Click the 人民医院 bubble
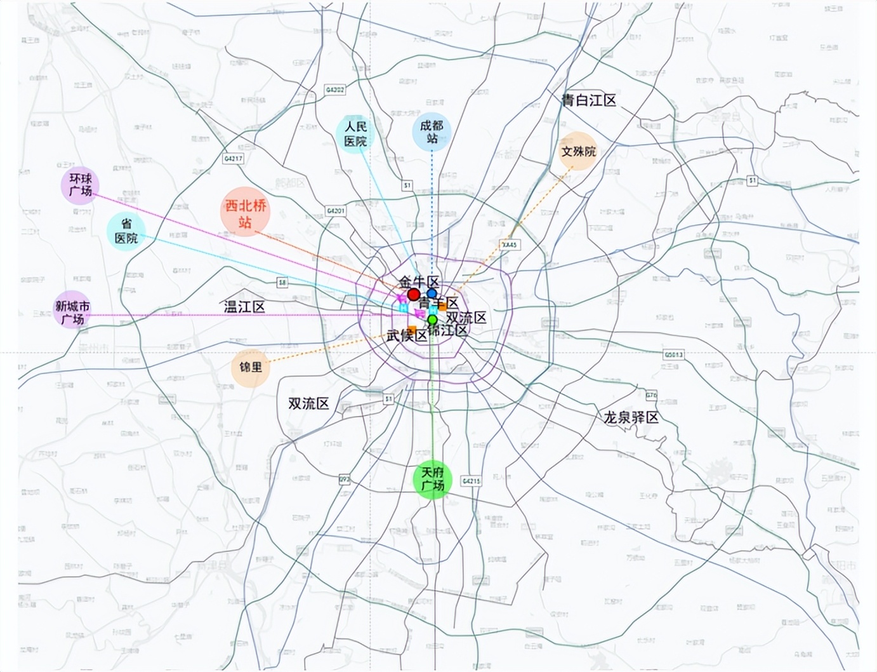point(355,133)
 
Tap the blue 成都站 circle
point(432,132)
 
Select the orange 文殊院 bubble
point(578,151)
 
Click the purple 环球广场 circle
point(81,185)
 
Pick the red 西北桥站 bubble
point(245,213)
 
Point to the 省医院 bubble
point(126,231)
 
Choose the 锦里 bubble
point(250,368)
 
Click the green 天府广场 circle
point(432,480)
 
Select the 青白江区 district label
point(588,100)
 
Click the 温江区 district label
point(244,307)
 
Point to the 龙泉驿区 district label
point(631,417)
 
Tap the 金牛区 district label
point(419,281)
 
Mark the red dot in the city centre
point(414,295)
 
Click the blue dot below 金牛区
point(432,293)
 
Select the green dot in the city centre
point(432,319)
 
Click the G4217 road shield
point(234,158)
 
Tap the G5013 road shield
point(673,354)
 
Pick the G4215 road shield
point(471,481)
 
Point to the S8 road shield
point(282,283)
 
